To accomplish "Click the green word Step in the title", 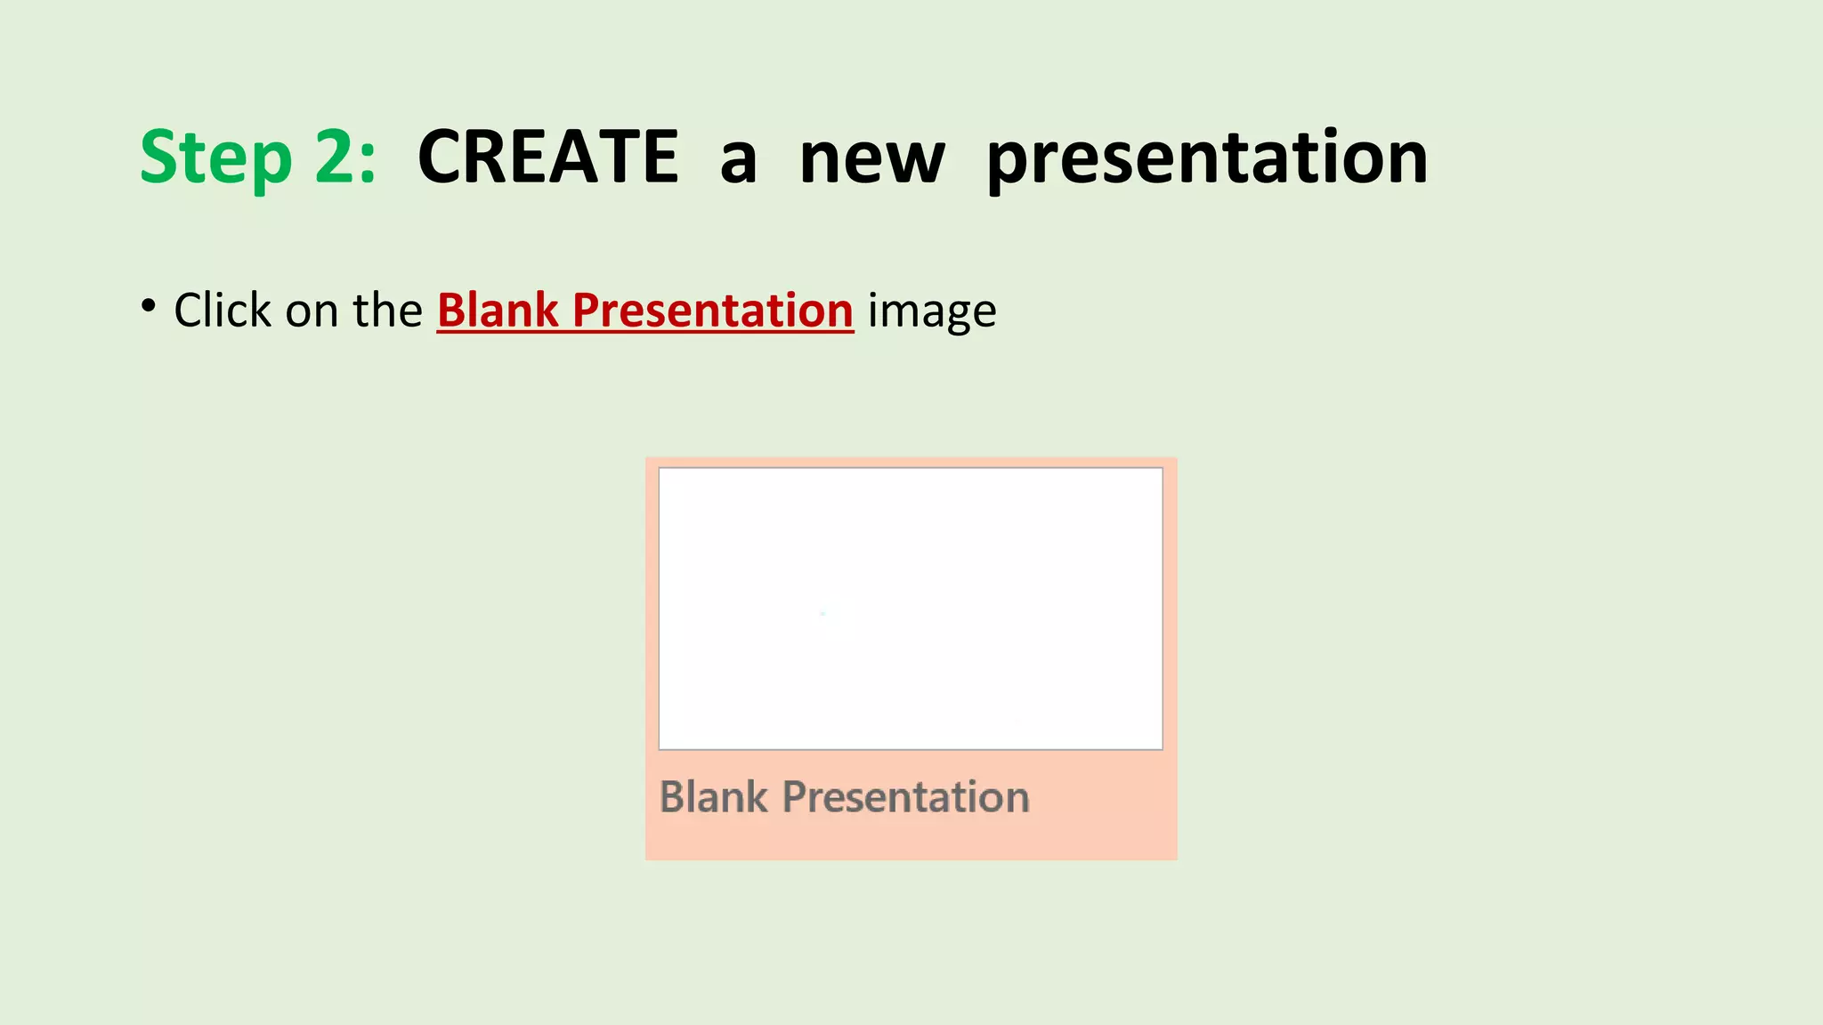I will pyautogui.click(x=216, y=157).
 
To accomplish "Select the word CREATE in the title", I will pyautogui.click(x=548, y=157).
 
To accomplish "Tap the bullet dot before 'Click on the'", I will pyautogui.click(x=148, y=305).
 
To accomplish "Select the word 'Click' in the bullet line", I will pyautogui.click(x=223, y=311).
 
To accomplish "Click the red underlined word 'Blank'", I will pyautogui.click(x=498, y=311).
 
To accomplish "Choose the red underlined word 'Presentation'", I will pyautogui.click(x=712, y=311).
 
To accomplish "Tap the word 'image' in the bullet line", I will pyautogui.click(x=932, y=314).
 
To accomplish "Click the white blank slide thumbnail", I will pyautogui.click(x=910, y=609).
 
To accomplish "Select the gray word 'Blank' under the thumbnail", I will pyautogui.click(x=713, y=797).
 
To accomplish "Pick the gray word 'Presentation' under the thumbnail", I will pyautogui.click(x=905, y=797).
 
